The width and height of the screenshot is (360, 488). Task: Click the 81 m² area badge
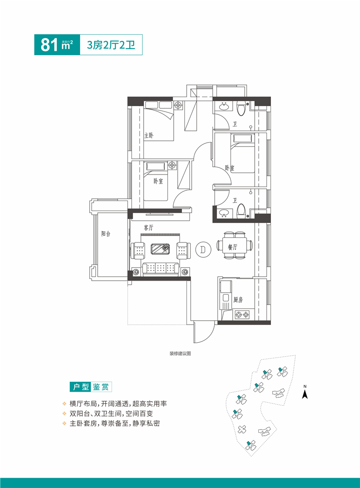[57, 45]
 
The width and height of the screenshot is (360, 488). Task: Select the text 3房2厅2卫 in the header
[111, 45]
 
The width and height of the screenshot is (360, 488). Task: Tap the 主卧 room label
[149, 135]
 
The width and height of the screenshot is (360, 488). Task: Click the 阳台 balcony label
[106, 233]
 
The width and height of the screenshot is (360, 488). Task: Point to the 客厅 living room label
[148, 228]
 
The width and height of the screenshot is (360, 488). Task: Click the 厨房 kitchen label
[238, 300]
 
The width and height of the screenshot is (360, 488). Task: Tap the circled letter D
[203, 249]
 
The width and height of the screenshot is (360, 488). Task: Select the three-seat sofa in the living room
[160, 269]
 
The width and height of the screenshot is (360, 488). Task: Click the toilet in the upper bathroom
[242, 108]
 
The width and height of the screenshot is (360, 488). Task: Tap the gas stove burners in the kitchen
[242, 315]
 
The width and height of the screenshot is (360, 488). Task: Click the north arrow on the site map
[305, 394]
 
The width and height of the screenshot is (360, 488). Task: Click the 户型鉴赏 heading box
[90, 386]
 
